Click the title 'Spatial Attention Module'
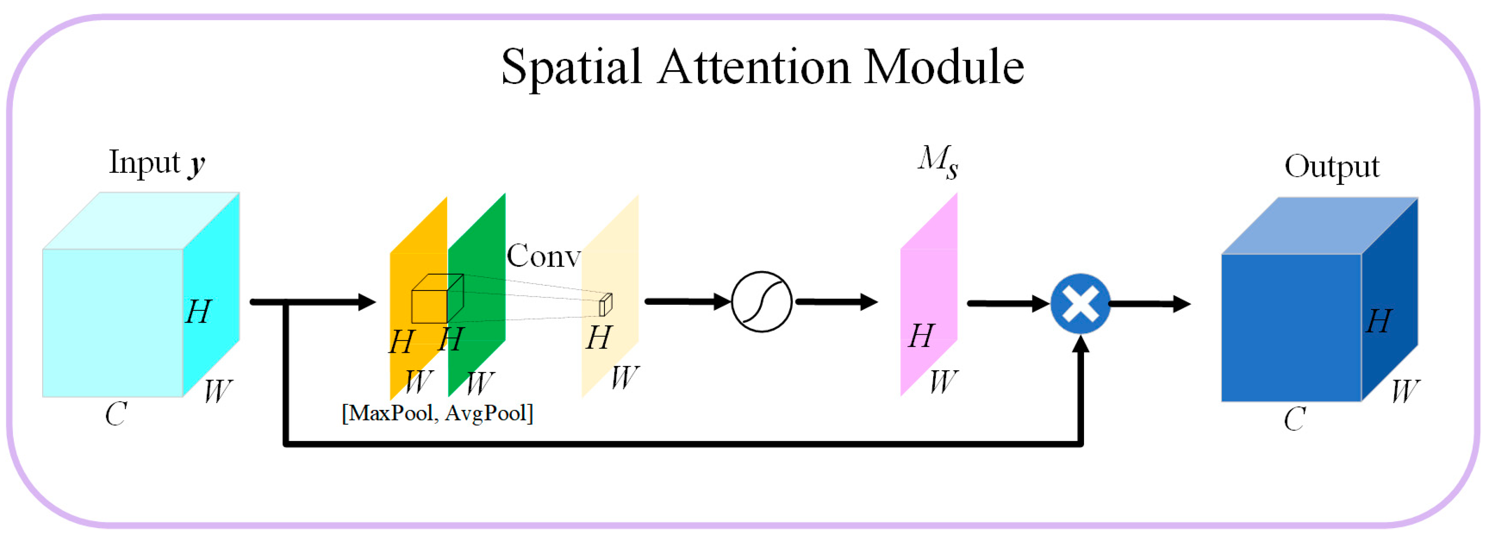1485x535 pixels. pos(762,67)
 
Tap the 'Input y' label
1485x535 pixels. pos(157,163)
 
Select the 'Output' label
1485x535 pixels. pos(1332,167)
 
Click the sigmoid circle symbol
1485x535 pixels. pos(762,302)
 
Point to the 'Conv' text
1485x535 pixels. pos(543,256)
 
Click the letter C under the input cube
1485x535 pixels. pos(116,414)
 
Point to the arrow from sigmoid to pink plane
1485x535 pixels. pos(836,302)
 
